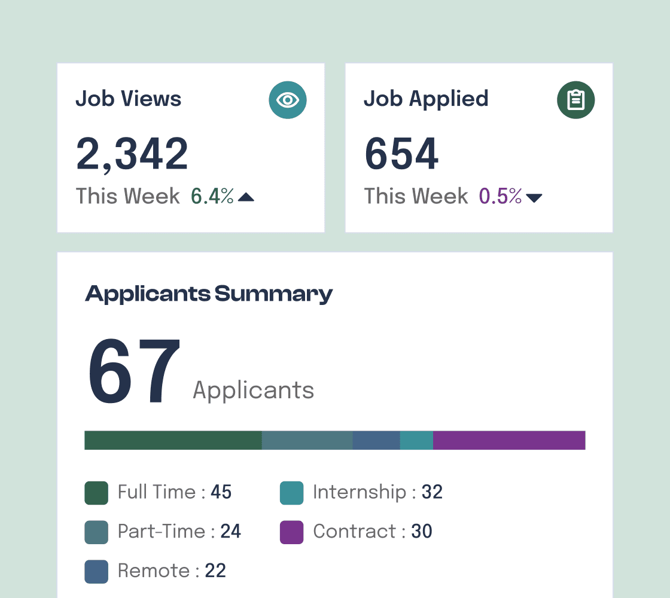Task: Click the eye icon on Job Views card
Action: (x=288, y=100)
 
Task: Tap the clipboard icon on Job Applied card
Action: (x=575, y=100)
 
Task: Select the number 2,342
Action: (x=132, y=154)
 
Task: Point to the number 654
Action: (x=401, y=154)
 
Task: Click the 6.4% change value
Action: (x=212, y=196)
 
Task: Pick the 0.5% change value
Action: (x=500, y=196)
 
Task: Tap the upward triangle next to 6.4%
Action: (x=246, y=197)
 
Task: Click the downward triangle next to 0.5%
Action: (x=534, y=198)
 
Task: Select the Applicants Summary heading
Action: (x=209, y=294)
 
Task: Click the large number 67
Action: (x=134, y=371)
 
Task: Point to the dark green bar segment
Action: (x=173, y=440)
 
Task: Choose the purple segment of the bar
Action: (x=508, y=440)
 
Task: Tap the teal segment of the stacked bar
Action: (x=416, y=440)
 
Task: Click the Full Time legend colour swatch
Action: (x=96, y=493)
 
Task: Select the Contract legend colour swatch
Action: (x=291, y=532)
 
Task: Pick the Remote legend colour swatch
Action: (x=96, y=571)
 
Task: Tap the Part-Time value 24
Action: (x=230, y=532)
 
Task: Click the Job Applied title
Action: (x=426, y=99)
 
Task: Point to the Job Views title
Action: (x=128, y=99)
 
